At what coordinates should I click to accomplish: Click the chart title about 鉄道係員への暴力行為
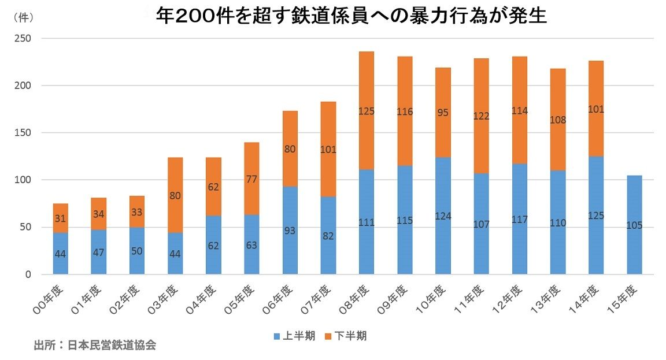[351, 16]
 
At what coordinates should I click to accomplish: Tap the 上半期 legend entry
[295, 336]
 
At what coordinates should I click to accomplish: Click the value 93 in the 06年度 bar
[290, 231]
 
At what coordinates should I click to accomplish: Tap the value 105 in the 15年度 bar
[635, 225]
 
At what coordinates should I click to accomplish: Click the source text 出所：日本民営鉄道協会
[95, 346]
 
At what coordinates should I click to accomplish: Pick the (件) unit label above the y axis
[23, 18]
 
